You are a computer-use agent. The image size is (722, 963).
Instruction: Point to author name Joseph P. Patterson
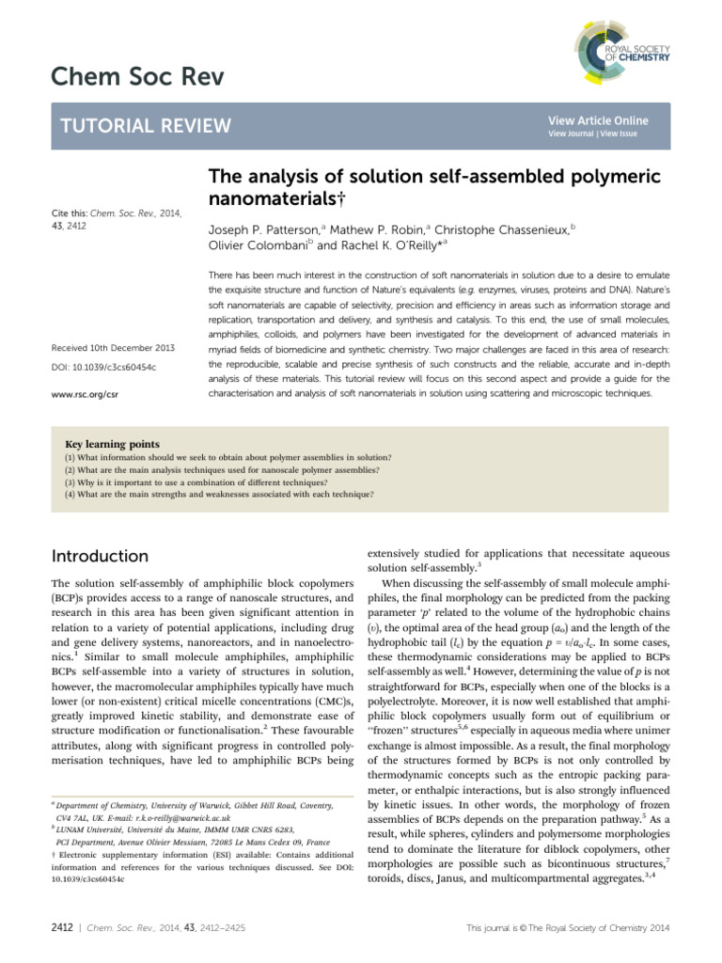coord(265,229)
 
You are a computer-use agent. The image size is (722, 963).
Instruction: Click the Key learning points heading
coord(111,444)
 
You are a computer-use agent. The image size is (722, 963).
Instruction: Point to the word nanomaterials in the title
coord(264,198)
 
